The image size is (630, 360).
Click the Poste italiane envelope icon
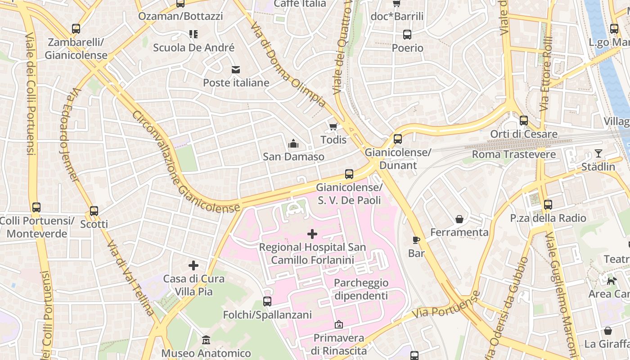pyautogui.click(x=235, y=69)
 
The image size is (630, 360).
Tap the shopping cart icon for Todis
pyautogui.click(x=333, y=126)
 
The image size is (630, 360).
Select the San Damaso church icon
pyautogui.click(x=293, y=144)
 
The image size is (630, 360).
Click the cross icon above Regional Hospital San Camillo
pyautogui.click(x=312, y=234)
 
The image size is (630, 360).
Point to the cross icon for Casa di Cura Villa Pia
pyautogui.click(x=193, y=265)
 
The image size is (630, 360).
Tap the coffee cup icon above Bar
pyautogui.click(x=416, y=240)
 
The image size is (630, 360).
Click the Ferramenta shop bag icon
pyautogui.click(x=459, y=219)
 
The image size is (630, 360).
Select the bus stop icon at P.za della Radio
pyautogui.click(x=548, y=205)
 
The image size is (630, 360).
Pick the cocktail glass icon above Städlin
pyautogui.click(x=598, y=153)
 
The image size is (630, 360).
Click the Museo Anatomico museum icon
pyautogui.click(x=206, y=340)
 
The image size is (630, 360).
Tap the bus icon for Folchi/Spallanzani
pyautogui.click(x=267, y=301)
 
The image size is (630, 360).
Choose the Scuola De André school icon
pyautogui.click(x=193, y=34)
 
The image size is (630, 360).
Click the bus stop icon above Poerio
pyautogui.click(x=407, y=35)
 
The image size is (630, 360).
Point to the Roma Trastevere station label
pyautogui.click(x=513, y=154)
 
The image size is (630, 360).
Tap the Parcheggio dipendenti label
pyautogui.click(x=361, y=289)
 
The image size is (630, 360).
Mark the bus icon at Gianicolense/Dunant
pyautogui.click(x=398, y=139)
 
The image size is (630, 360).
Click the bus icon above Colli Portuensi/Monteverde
pyautogui.click(x=36, y=207)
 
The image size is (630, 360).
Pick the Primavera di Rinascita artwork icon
pyautogui.click(x=339, y=324)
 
